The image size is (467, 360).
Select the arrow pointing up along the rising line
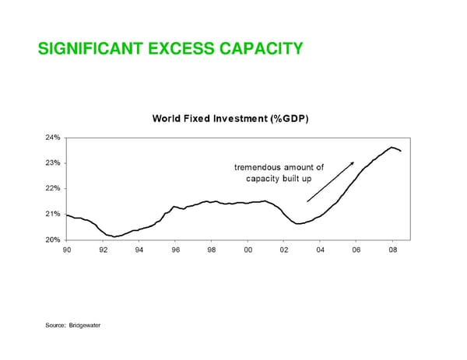pyautogui.click(x=331, y=182)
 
